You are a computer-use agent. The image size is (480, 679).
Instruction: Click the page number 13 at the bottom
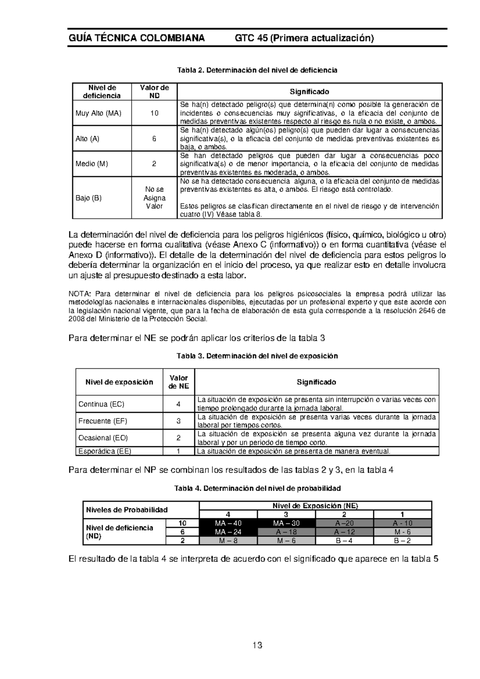coord(257,645)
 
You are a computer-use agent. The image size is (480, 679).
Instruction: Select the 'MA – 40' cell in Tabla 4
coord(228,523)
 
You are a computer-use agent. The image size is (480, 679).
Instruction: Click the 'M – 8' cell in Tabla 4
coord(228,541)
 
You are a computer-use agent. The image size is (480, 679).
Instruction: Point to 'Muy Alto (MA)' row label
coord(98,113)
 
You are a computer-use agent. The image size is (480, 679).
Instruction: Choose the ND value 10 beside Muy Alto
coord(154,113)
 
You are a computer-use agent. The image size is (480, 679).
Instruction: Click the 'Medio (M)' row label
coord(92,164)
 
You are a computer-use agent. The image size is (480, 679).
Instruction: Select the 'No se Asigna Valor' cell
coord(154,198)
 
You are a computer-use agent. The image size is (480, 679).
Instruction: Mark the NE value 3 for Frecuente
coord(178,421)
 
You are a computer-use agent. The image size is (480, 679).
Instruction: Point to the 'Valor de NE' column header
coord(178,382)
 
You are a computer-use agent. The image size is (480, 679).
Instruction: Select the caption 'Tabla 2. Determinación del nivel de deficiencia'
coord(257,70)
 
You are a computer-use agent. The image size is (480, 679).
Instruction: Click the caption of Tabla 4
coord(257,488)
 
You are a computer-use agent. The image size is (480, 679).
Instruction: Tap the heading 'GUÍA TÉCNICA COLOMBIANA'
coord(136,38)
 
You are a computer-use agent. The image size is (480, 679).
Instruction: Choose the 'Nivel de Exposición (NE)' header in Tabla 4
coord(315,505)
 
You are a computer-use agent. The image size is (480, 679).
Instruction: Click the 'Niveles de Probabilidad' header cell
coord(126,510)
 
